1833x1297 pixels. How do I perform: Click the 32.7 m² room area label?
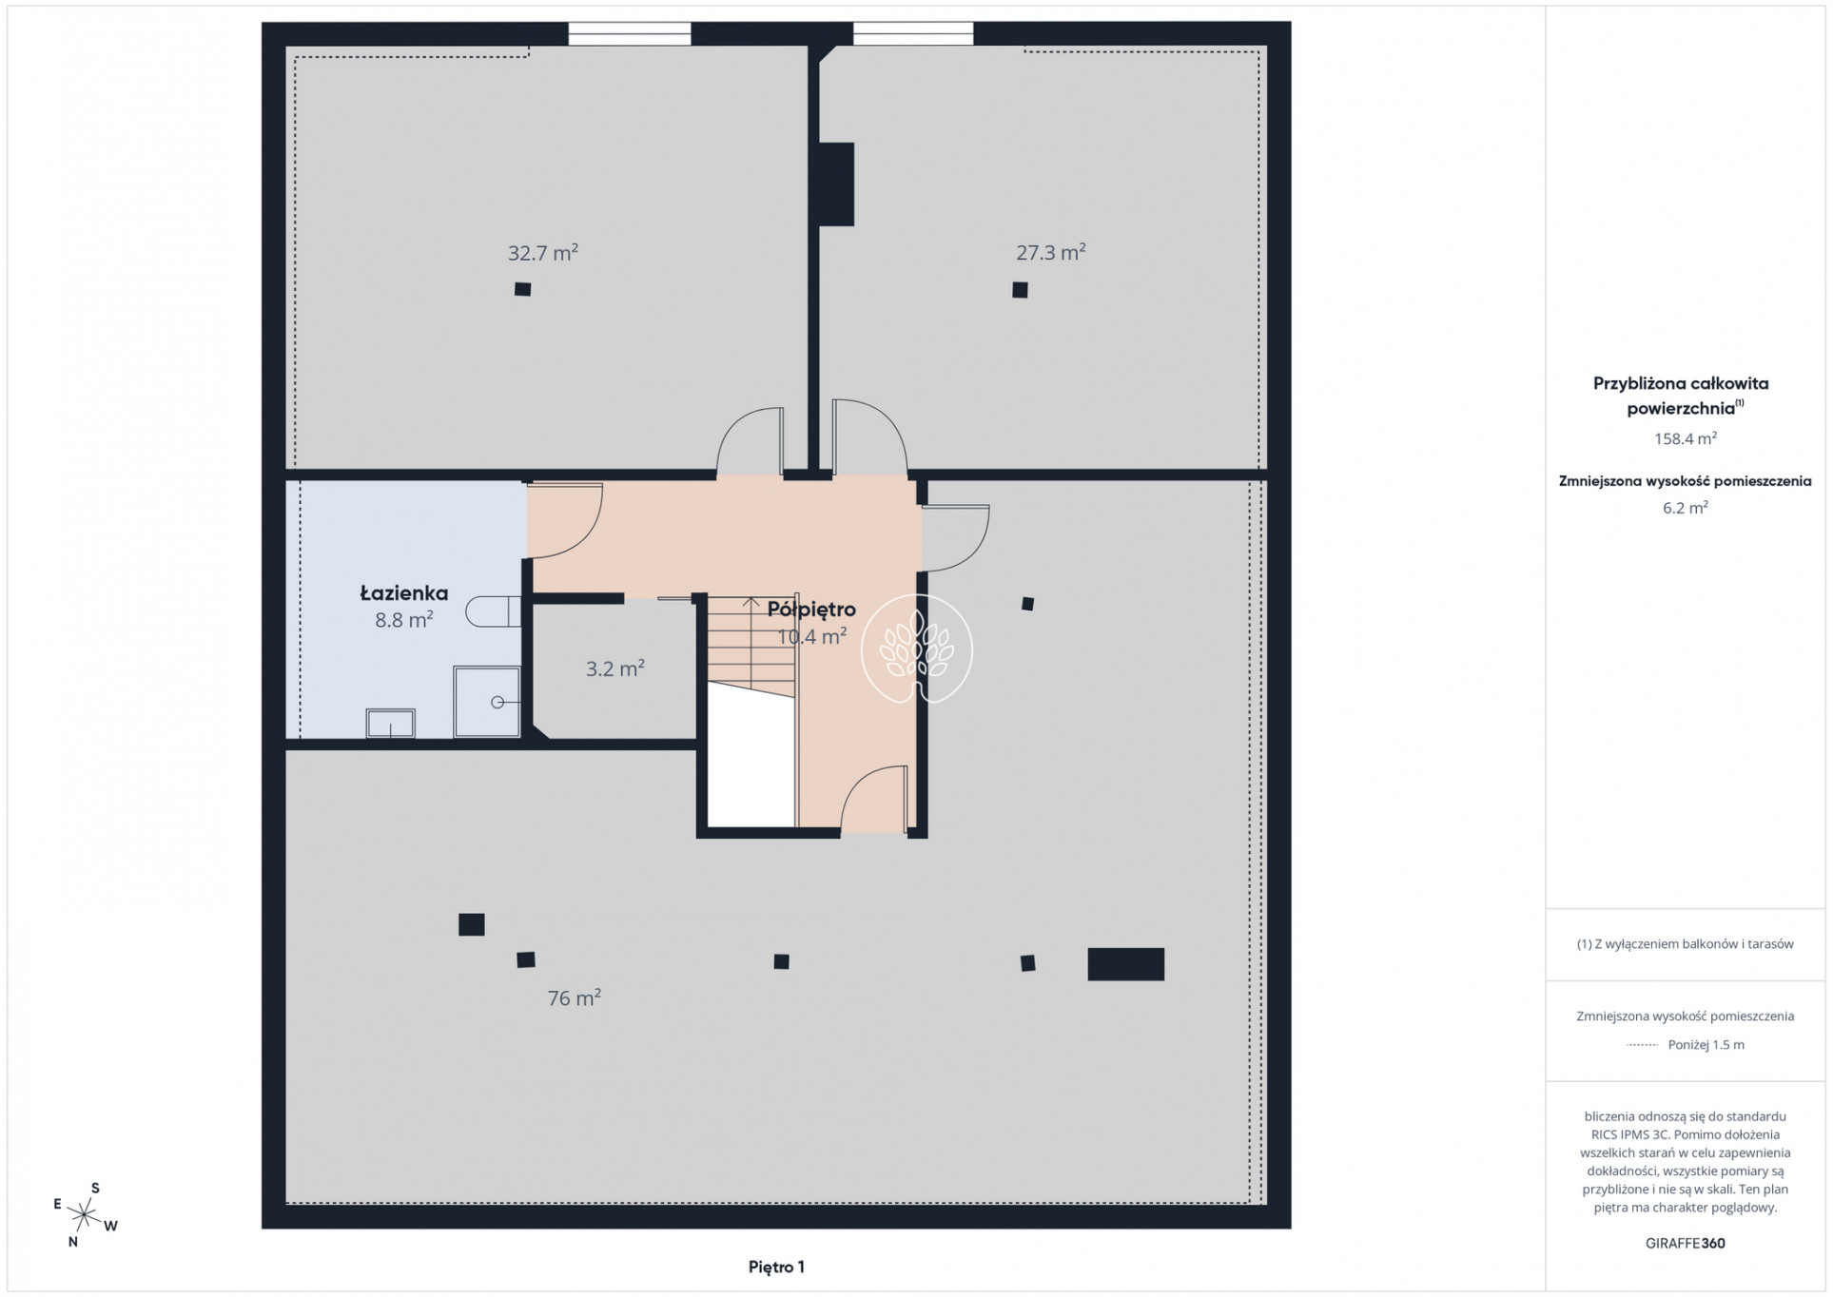pyautogui.click(x=542, y=253)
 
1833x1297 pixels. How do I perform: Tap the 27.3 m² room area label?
pyautogui.click(x=1051, y=252)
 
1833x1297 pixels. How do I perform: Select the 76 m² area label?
pyautogui.click(x=574, y=997)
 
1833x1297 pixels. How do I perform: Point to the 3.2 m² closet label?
pyautogui.click(x=615, y=668)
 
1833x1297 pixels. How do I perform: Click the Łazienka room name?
pyautogui.click(x=404, y=593)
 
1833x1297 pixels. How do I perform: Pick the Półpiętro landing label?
pyautogui.click(x=811, y=610)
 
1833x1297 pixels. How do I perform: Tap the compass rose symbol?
pyautogui.click(x=85, y=1214)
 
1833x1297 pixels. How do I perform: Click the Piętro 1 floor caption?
pyautogui.click(x=776, y=1267)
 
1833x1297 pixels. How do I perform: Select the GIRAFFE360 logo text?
pyautogui.click(x=1685, y=1243)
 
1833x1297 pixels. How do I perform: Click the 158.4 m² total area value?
pyautogui.click(x=1686, y=438)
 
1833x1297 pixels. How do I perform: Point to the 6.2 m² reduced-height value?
pyautogui.click(x=1686, y=508)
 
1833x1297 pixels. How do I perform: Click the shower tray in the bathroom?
pyautogui.click(x=487, y=702)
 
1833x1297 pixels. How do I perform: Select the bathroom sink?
pyautogui.click(x=391, y=723)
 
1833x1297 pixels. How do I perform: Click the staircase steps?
pyautogui.click(x=751, y=647)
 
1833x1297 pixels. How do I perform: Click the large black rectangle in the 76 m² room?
pyautogui.click(x=1126, y=964)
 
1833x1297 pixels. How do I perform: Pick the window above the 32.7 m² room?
pyautogui.click(x=630, y=33)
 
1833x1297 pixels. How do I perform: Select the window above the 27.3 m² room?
pyautogui.click(x=913, y=33)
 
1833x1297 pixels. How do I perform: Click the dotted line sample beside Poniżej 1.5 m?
pyautogui.click(x=1643, y=1045)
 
